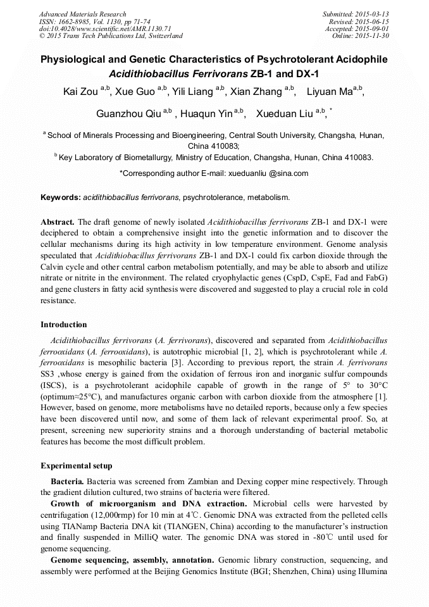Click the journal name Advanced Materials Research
(x=82, y=14)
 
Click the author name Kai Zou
(x=80, y=92)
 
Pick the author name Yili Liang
(x=190, y=92)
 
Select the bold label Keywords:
(x=61, y=197)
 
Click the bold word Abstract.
(x=58, y=223)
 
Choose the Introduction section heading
(x=64, y=325)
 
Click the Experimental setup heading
(x=77, y=466)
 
